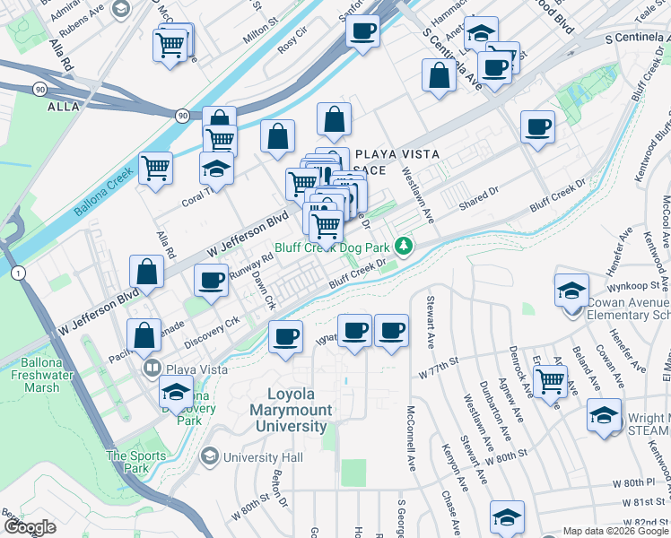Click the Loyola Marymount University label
click(300, 411)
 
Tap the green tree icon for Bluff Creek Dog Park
click(405, 246)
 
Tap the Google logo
click(30, 527)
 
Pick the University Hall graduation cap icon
click(210, 457)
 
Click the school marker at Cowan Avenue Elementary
click(571, 291)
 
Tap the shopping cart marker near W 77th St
click(551, 380)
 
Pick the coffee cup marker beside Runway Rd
click(211, 281)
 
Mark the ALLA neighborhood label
click(63, 107)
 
